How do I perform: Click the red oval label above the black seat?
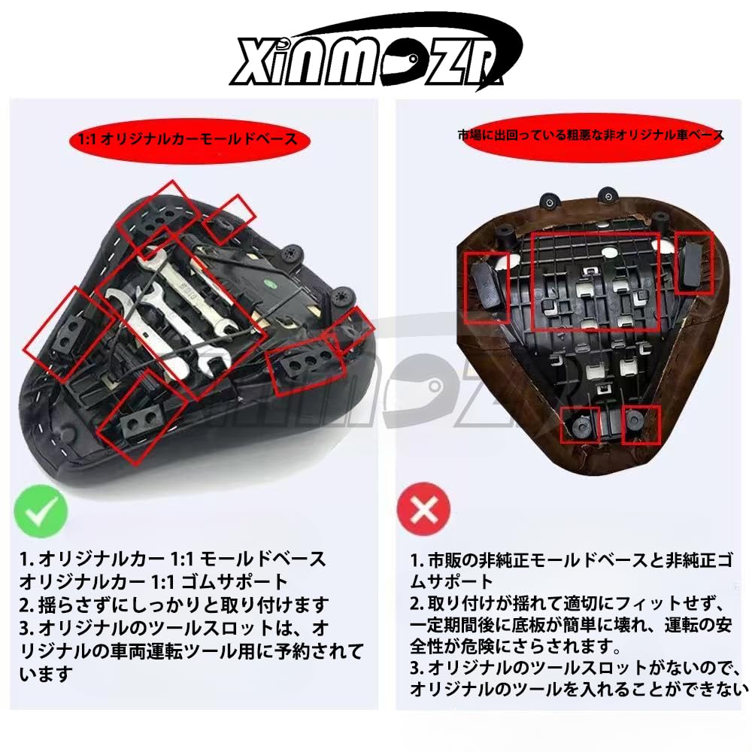coord(183,139)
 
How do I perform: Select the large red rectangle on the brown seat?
coord(595,281)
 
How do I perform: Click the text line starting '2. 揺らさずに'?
coord(174,605)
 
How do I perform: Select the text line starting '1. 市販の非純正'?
coord(572,560)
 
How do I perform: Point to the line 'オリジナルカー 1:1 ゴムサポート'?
coord(154,581)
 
